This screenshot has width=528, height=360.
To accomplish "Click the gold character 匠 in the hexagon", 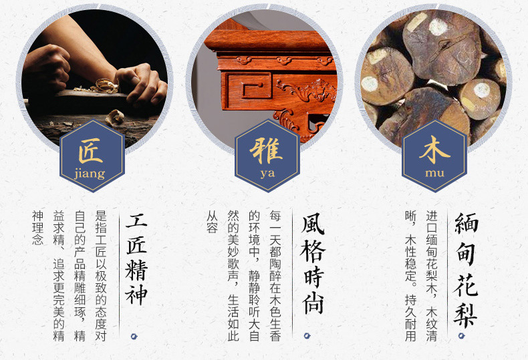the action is tap(91, 150).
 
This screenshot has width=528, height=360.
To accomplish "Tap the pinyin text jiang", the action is tap(90, 174).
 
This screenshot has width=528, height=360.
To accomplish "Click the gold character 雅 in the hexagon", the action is tap(266, 150).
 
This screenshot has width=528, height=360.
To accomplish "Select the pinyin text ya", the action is tap(267, 174).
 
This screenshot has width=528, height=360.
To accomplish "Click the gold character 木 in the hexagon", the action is tap(434, 150).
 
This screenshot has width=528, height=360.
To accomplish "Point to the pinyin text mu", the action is tap(434, 173).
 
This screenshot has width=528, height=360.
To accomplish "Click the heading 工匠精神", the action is tap(136, 259).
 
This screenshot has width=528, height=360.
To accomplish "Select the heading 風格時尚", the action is tap(313, 264).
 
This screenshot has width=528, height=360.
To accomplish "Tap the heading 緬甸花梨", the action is tap(466, 269).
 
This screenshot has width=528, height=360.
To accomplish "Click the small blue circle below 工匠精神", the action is tap(134, 336).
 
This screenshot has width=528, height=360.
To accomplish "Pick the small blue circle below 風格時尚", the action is tap(307, 335).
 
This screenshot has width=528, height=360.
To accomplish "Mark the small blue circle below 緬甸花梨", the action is tap(461, 335).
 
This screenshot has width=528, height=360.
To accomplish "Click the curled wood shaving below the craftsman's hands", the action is tap(115, 118).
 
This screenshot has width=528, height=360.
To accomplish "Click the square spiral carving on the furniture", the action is tap(249, 85).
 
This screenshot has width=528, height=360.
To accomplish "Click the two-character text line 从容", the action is tap(212, 222).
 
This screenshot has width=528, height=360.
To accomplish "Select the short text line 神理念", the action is tap(37, 228).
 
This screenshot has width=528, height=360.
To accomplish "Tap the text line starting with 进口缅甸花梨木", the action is tap(431, 276).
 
